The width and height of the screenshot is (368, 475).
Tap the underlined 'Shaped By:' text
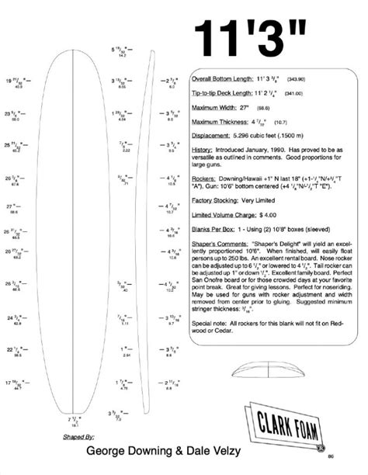click(x=80, y=437)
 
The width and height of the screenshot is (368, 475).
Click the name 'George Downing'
click(x=123, y=450)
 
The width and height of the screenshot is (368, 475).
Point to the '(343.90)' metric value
click(x=296, y=79)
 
